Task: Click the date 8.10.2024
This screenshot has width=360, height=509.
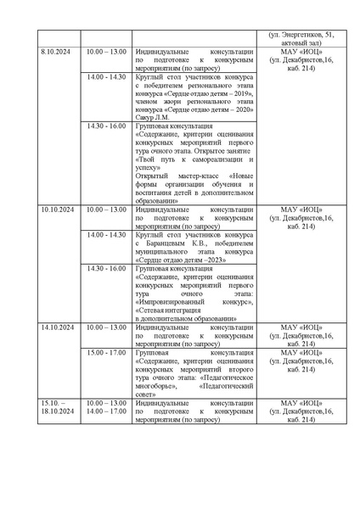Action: point(54,53)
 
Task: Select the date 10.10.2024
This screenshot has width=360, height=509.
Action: point(57,209)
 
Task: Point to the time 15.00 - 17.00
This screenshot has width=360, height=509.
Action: point(106,351)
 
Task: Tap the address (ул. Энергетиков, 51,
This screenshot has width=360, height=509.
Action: point(301,35)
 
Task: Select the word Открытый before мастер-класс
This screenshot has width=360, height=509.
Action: point(154,176)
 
